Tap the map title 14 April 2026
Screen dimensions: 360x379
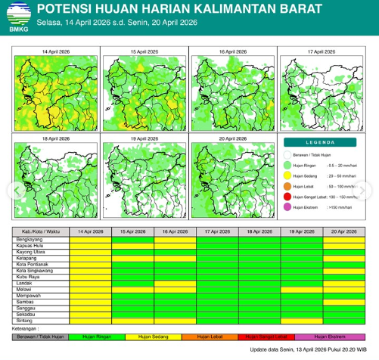(x=54, y=51)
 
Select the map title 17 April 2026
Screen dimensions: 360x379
(x=321, y=51)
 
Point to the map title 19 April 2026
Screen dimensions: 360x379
(x=143, y=139)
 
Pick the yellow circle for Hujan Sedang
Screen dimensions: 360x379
(x=287, y=175)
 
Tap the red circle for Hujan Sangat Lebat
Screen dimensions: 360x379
(x=287, y=196)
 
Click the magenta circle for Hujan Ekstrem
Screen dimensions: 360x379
(x=287, y=206)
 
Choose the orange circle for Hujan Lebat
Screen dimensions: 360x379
(x=287, y=185)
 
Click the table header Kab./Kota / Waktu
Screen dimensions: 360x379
(x=41, y=231)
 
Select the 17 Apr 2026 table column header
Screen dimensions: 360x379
(x=217, y=231)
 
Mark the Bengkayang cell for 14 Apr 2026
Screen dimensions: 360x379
(x=90, y=239)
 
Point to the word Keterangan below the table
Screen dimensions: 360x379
(x=29, y=328)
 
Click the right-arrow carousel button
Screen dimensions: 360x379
(x=370, y=189)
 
